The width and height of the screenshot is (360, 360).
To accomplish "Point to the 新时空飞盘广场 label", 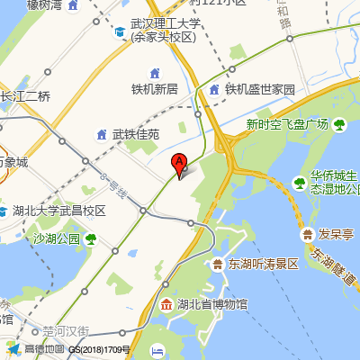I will [x=286, y=123].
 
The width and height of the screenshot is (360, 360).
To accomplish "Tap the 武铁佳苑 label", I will [x=135, y=134].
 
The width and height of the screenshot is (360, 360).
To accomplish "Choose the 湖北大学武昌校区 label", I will [x=59, y=211].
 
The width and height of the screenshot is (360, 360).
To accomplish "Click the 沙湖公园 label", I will [x=57, y=238].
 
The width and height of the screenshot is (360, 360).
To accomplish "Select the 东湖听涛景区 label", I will [x=263, y=264].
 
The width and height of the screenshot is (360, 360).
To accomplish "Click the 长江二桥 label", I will [x=25, y=95].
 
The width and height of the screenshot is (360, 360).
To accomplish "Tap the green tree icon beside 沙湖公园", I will [x=90, y=238].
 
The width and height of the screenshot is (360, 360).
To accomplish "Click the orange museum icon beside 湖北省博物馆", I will [x=166, y=305].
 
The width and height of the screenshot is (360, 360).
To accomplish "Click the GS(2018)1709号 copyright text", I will [x=100, y=349].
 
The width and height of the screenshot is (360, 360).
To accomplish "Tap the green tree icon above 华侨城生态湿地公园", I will [x=299, y=183].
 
